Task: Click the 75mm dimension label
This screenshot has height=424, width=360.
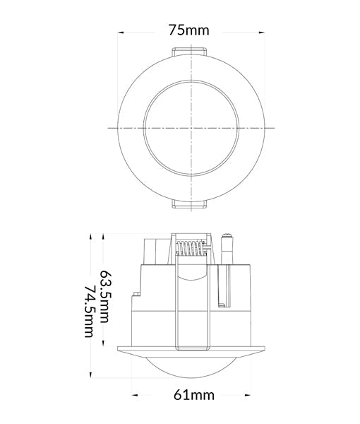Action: pyautogui.click(x=189, y=31)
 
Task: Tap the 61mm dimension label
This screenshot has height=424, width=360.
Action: pyautogui.click(x=193, y=394)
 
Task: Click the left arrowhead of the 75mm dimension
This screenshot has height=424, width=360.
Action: pyautogui.click(x=121, y=32)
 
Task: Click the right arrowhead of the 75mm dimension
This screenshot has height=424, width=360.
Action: pyautogui.click(x=263, y=32)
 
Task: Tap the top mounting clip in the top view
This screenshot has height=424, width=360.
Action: pyautogui.click(x=189, y=51)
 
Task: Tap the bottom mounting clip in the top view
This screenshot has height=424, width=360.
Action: pyautogui.click(x=189, y=205)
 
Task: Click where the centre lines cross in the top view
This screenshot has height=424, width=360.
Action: pyautogui.click(x=190, y=128)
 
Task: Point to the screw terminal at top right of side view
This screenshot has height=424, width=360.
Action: pyautogui.click(x=228, y=247)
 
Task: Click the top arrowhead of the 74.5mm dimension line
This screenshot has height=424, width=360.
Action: pyautogui.click(x=92, y=235)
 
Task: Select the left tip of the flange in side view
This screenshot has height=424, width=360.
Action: pyautogui.click(x=117, y=350)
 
